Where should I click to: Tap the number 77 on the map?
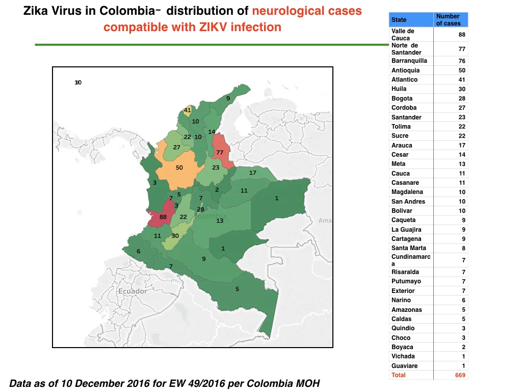click(x=220, y=153)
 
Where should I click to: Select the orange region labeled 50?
click(x=179, y=168)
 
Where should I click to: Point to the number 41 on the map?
click(x=188, y=110)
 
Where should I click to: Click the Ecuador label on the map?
click(x=133, y=291)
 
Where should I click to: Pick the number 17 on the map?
click(x=253, y=173)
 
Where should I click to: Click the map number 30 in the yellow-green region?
click(x=175, y=236)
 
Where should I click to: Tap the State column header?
click(x=399, y=20)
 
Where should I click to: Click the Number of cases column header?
click(x=449, y=20)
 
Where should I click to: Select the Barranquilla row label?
click(x=409, y=61)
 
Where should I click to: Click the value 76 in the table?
click(x=462, y=61)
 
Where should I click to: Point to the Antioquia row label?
click(x=405, y=70)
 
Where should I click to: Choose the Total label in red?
click(x=398, y=375)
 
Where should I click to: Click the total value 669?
click(x=460, y=375)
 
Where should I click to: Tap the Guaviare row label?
click(x=404, y=365)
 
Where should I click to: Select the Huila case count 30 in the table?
click(x=462, y=89)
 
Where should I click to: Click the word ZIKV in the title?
click(x=213, y=27)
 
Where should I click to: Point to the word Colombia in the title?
click(x=127, y=11)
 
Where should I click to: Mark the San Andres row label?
click(x=408, y=201)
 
